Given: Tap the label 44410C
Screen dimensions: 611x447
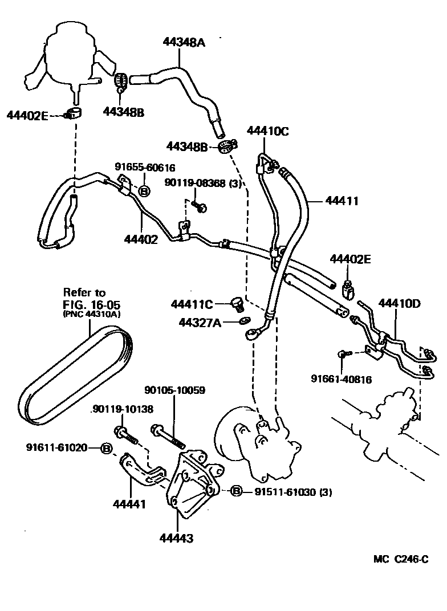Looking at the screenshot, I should (x=268, y=131).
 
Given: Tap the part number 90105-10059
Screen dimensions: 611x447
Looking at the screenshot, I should (x=174, y=390).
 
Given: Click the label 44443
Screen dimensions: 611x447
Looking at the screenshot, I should (x=177, y=537).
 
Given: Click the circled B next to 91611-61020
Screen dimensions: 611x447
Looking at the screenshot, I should (x=106, y=448).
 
